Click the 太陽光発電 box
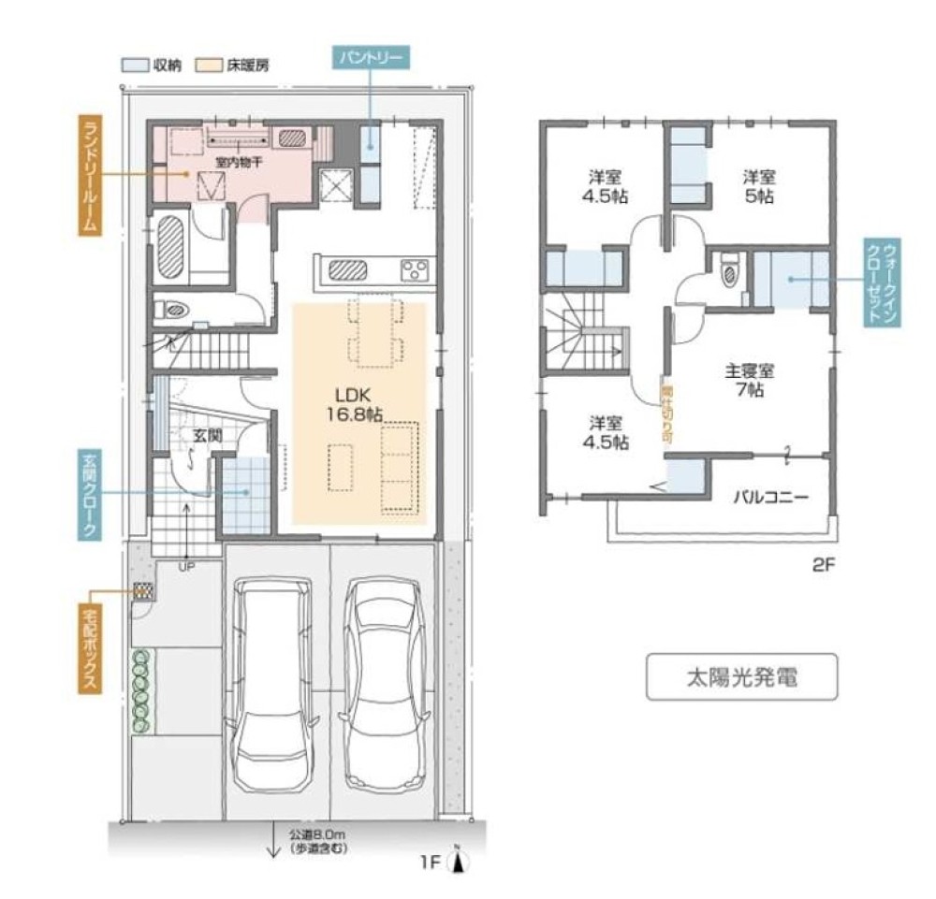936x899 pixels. click(739, 678)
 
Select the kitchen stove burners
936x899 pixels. click(416, 270)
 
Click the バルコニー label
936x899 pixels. click(769, 497)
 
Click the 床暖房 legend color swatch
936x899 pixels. click(207, 66)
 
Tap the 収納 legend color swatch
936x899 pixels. click(130, 66)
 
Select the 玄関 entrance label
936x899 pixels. click(207, 435)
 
